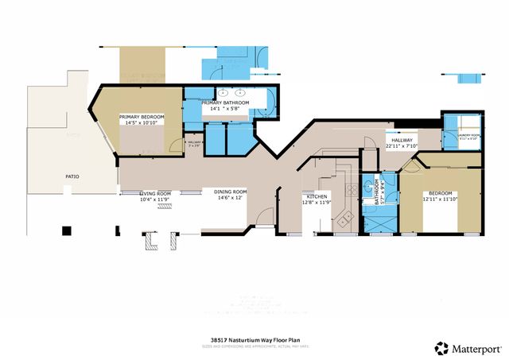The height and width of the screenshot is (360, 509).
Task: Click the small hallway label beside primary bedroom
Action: click(194, 144)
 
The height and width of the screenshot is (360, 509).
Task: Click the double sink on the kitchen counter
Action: click(346, 218)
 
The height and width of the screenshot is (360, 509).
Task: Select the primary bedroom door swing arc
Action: click(173, 146)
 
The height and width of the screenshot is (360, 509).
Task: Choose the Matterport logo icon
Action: click(440, 347)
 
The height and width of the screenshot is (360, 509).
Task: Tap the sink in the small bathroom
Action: click(368, 188)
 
